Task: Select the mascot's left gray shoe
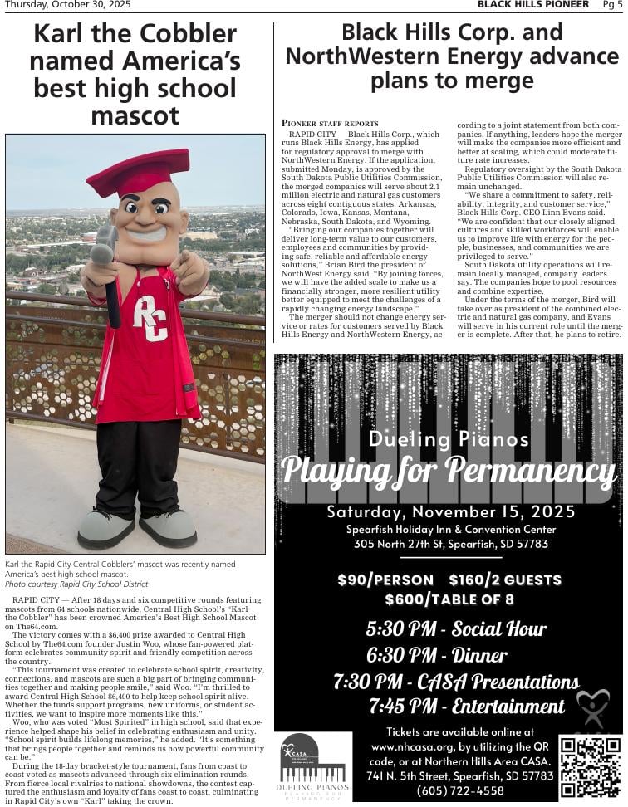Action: pyautogui.click(x=106, y=528)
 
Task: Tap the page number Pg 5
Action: pyautogui.click(x=611, y=5)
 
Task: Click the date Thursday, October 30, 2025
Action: pyautogui.click(x=68, y=5)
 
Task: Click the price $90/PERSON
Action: pyautogui.click(x=385, y=580)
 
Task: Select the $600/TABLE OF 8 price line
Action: pyautogui.click(x=449, y=599)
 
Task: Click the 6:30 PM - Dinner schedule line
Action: pyautogui.click(x=436, y=655)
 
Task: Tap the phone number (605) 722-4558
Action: pyautogui.click(x=460, y=790)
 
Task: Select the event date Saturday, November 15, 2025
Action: pyautogui.click(x=450, y=511)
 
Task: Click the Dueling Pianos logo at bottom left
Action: pyautogui.click(x=312, y=766)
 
